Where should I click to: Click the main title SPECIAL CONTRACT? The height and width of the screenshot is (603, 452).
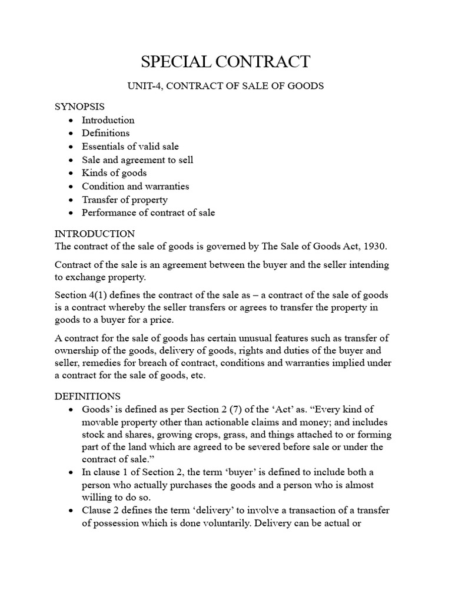tap(226, 61)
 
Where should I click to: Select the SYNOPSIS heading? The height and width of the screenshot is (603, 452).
tap(79, 107)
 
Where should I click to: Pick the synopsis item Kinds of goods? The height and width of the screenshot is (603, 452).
tap(114, 173)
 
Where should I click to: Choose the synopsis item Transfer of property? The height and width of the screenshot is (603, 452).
tap(125, 200)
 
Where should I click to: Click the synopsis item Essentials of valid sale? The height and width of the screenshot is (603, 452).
tap(130, 146)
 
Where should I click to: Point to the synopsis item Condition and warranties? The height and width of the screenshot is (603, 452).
tap(135, 186)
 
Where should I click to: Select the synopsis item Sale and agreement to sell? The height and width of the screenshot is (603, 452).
tap(137, 160)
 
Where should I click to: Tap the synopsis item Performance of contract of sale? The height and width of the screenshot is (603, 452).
tap(148, 213)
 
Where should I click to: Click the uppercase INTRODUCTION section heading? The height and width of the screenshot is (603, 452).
tap(95, 234)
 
